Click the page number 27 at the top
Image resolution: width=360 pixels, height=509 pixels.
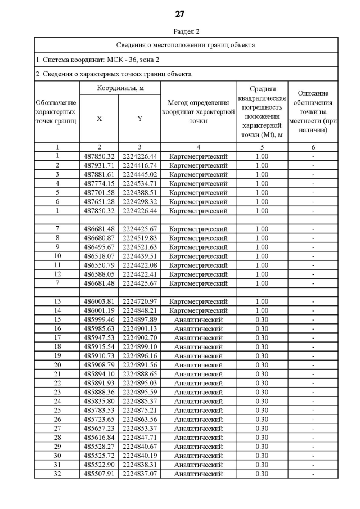(180, 14)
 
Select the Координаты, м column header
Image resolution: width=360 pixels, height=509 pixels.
(120, 88)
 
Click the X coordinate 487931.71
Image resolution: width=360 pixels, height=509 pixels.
(99, 165)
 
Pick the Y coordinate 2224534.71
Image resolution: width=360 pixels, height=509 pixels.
(139, 183)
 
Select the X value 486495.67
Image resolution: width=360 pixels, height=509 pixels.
(99, 247)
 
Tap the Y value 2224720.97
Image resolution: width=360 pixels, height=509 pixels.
(139, 301)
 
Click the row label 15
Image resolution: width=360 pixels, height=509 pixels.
(57, 319)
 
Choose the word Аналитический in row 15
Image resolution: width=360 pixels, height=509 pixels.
(198, 319)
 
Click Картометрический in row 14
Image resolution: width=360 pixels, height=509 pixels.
(198, 310)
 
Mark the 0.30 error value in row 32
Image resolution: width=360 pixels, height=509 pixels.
(262, 474)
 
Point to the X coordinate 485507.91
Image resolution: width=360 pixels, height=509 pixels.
(99, 474)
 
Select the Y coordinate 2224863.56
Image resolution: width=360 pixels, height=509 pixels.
(139, 419)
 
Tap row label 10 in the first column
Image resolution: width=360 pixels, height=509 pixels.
(57, 256)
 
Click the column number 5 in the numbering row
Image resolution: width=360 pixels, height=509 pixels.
(262, 147)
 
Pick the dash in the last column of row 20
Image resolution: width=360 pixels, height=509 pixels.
(313, 364)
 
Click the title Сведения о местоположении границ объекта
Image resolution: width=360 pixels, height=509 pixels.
(186, 44)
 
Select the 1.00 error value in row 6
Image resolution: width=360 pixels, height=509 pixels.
(262, 201)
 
